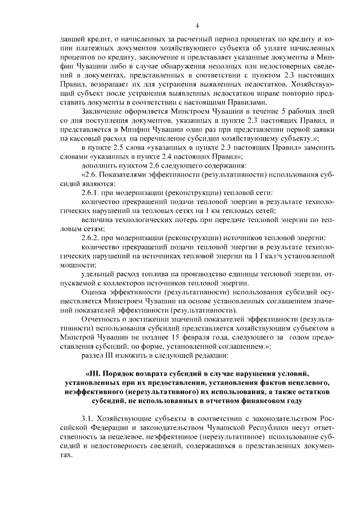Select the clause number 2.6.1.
tap(92, 192)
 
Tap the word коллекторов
tap(134, 283)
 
